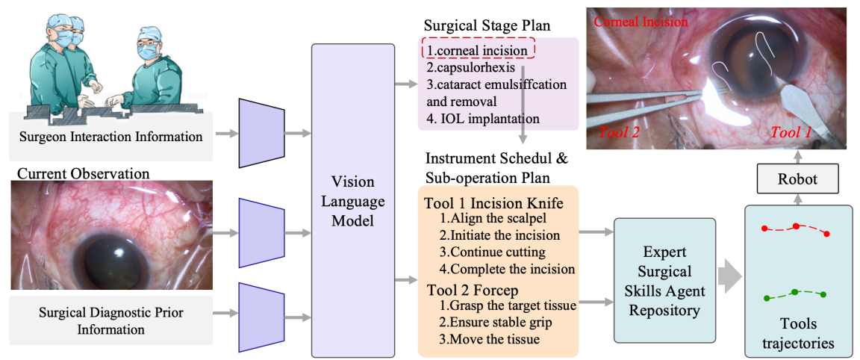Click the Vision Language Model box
click(353, 202)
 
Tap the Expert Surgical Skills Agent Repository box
click(664, 281)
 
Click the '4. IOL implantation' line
click(483, 118)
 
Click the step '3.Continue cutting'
click(493, 252)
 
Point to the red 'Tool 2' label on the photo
click(619, 132)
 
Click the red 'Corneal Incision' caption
click(641, 22)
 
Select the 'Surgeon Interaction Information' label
click(110, 137)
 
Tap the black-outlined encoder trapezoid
click(261, 133)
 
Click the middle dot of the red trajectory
click(797, 226)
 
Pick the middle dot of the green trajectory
click(795, 291)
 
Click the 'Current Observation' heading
click(83, 173)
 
